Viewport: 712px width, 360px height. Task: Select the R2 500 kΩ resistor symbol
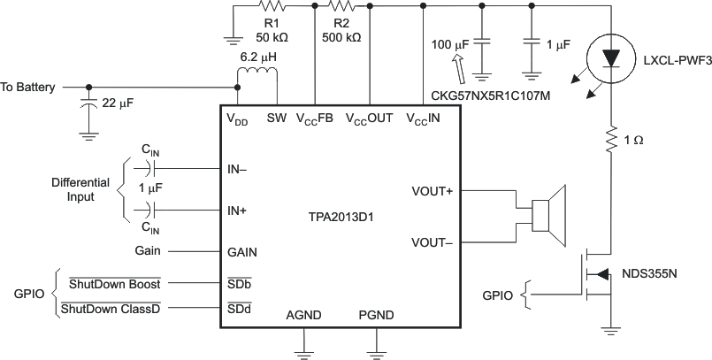tap(341, 6)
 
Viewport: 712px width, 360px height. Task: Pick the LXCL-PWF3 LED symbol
tap(610, 56)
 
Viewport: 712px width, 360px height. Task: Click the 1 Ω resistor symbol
tap(610, 140)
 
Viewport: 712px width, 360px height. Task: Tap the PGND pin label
tap(376, 315)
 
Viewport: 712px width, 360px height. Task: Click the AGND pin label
tap(304, 315)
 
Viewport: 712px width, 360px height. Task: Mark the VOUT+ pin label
tap(432, 190)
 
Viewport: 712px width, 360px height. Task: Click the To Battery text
tap(27, 88)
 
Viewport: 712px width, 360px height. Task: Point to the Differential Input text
tap(80, 188)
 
